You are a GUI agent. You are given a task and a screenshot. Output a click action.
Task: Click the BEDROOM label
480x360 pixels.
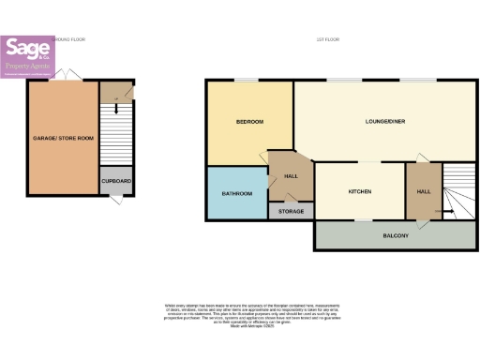(249, 122)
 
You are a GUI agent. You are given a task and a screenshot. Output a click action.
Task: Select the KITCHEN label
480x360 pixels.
(360, 191)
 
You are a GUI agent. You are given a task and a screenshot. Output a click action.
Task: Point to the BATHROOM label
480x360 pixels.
(237, 194)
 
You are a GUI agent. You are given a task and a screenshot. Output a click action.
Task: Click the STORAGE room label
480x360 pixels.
(291, 212)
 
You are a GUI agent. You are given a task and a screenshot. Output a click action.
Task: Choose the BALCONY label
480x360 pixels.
(395, 235)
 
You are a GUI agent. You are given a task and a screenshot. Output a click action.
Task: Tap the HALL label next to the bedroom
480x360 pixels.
(291, 175)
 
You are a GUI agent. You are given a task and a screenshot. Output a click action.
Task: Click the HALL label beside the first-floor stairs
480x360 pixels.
(423, 191)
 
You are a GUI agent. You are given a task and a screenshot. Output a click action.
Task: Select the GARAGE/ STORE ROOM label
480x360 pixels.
(62, 138)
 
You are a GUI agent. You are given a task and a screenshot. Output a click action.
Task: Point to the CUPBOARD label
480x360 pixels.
(117, 181)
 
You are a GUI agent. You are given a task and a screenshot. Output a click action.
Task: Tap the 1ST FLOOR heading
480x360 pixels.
(327, 39)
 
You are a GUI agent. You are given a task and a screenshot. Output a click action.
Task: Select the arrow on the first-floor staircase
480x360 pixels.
(449, 212)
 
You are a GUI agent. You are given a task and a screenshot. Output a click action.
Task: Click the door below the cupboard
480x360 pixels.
(116, 201)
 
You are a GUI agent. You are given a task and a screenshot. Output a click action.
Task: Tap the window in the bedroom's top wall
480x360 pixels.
(247, 81)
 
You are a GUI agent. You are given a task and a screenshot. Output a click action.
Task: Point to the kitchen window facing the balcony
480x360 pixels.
(360, 220)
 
